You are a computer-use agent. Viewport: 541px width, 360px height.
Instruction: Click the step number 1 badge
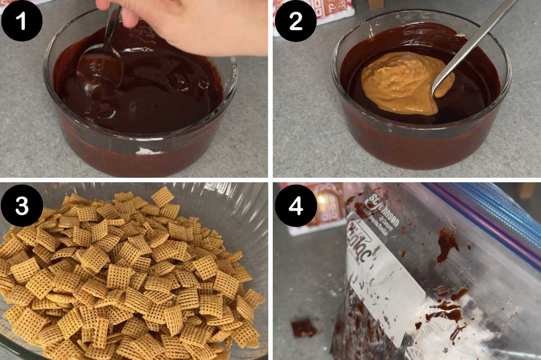(22, 21)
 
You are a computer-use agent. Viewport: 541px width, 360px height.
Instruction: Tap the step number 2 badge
(295, 21)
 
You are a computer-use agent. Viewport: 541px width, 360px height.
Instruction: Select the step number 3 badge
(22, 206)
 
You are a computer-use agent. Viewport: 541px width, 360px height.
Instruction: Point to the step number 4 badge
(295, 206)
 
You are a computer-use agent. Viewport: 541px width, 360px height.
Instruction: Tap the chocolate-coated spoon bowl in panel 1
(100, 68)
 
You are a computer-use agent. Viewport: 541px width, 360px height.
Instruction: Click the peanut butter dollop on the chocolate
(401, 81)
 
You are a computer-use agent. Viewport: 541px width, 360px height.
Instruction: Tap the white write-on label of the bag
(388, 289)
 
